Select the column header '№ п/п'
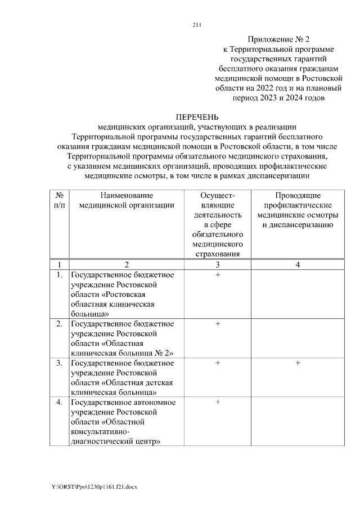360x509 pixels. point(59,200)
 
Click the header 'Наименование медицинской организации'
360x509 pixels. point(127,200)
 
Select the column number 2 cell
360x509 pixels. point(127,264)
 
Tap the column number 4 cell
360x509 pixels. point(298,264)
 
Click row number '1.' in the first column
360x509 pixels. point(59,275)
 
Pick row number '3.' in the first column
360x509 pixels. point(59,363)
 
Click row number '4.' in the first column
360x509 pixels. point(59,403)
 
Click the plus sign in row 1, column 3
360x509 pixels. point(217,275)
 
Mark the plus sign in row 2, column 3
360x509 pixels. point(217,324)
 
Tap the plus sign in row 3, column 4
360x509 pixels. point(298,363)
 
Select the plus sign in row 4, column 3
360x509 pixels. point(217,403)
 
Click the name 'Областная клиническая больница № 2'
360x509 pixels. point(122,348)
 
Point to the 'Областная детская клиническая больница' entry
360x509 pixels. point(122,388)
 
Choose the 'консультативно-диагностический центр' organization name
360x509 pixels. point(115,436)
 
